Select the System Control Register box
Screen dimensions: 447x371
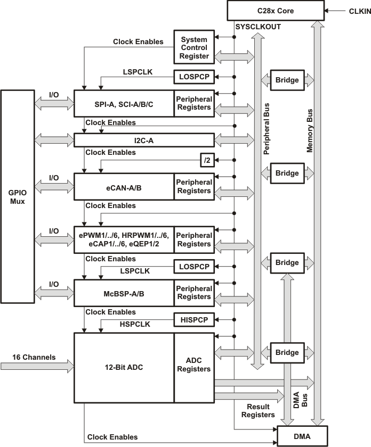coord(194,47)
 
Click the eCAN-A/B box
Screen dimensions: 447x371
coord(124,186)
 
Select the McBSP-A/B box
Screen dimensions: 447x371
coord(124,293)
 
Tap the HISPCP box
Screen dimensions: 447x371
coord(194,320)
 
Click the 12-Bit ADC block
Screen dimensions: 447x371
coord(124,368)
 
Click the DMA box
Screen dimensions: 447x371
coord(302,437)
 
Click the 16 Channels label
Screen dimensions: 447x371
coord(34,357)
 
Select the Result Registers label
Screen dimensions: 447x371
coord(258,410)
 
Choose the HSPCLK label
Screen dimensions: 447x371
coord(135,324)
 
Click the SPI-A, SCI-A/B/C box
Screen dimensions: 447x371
coord(124,103)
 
